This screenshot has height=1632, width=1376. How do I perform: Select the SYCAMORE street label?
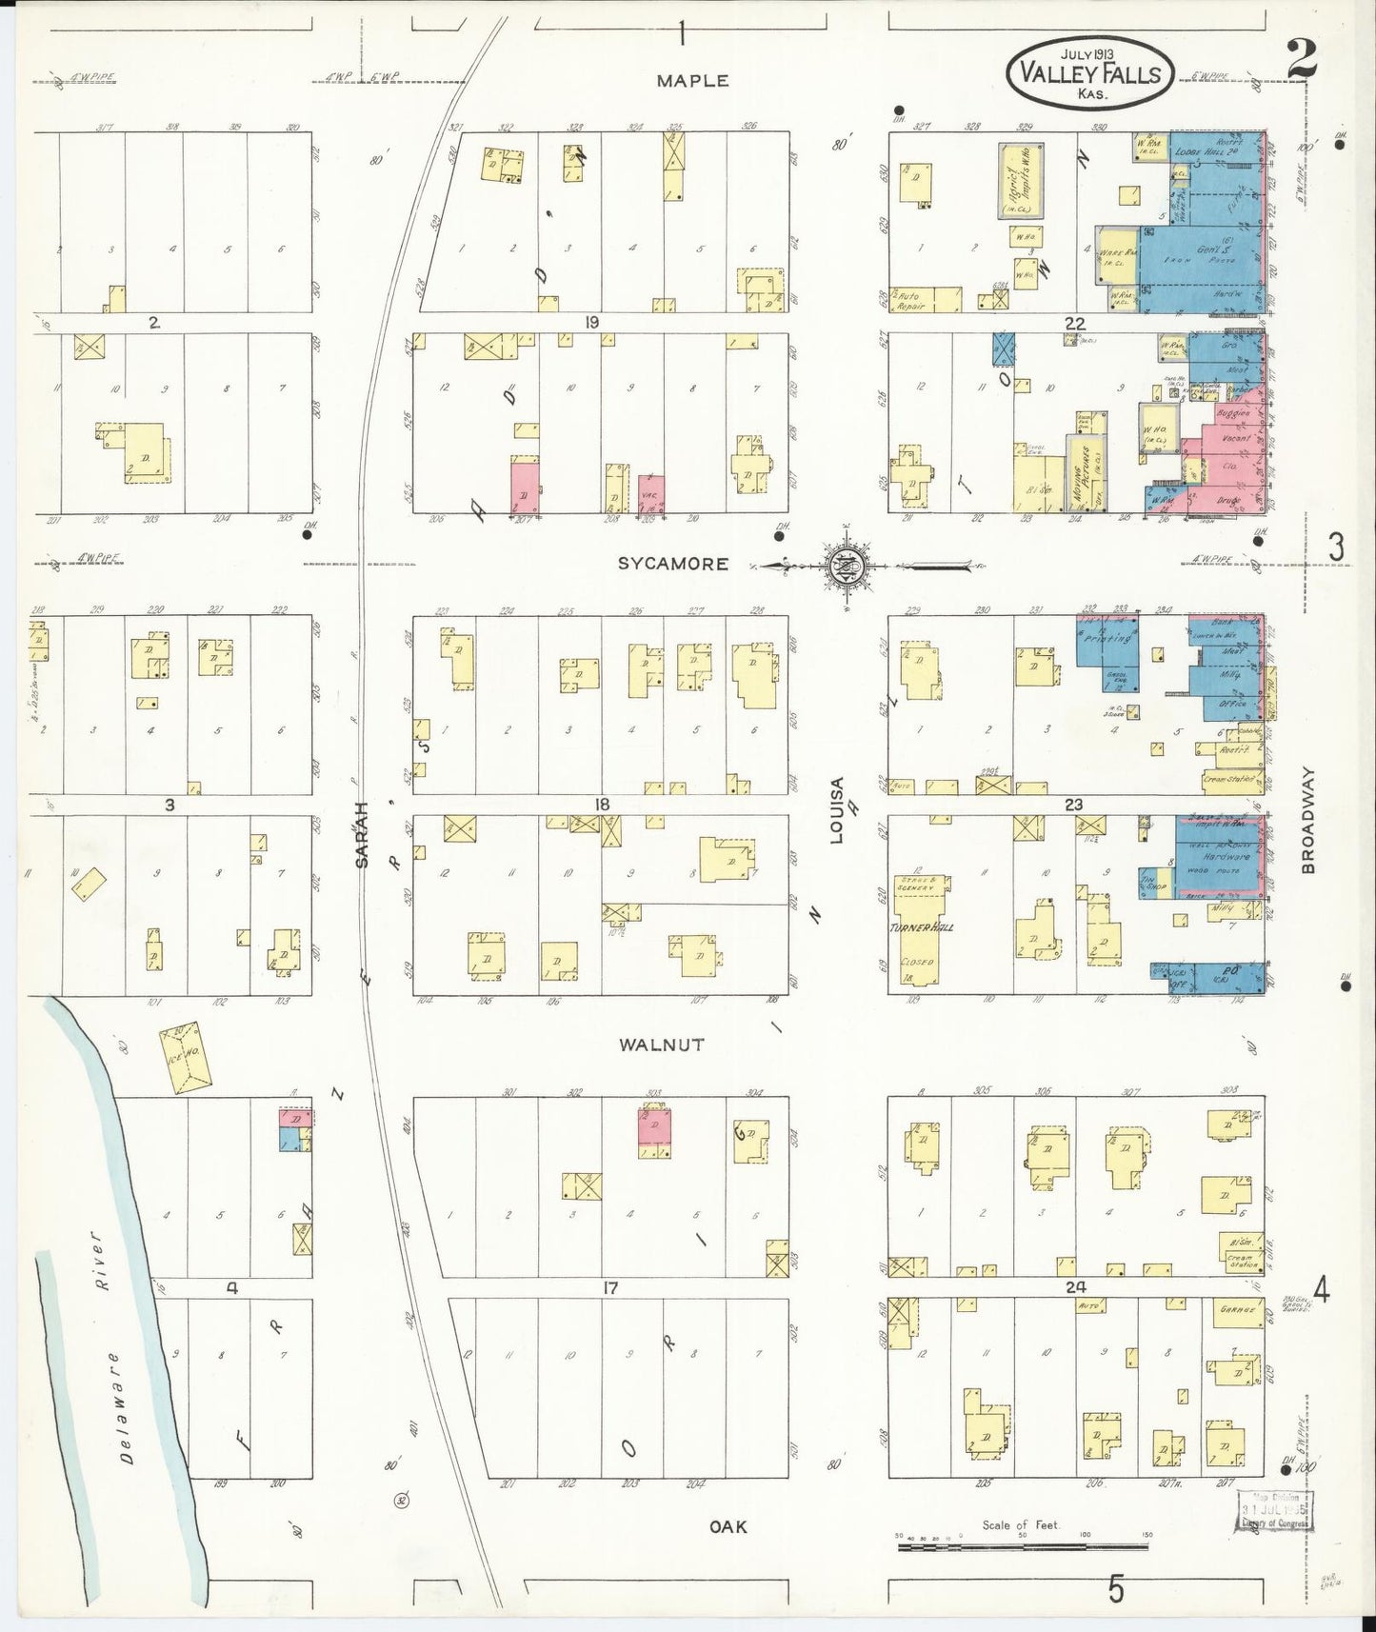coord(672,564)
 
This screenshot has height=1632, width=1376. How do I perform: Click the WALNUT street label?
coord(662,1045)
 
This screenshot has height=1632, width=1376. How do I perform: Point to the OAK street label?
coord(728,1526)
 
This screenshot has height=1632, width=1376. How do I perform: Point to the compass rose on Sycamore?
coord(849,566)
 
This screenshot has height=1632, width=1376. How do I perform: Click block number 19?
coord(592,323)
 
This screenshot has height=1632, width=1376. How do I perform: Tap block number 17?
coord(610,1287)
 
